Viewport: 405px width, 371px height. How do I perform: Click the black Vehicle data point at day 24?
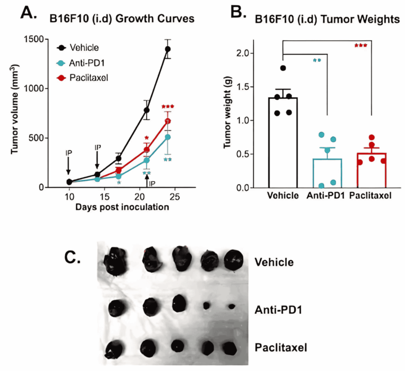click(168, 49)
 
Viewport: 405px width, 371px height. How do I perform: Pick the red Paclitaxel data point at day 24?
click(168, 121)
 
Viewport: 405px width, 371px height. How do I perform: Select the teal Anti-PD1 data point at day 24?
click(168, 137)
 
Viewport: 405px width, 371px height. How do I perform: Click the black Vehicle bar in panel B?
click(283, 143)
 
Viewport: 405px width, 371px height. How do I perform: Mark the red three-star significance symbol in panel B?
click(361, 46)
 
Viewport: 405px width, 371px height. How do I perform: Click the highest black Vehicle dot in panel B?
click(283, 68)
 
